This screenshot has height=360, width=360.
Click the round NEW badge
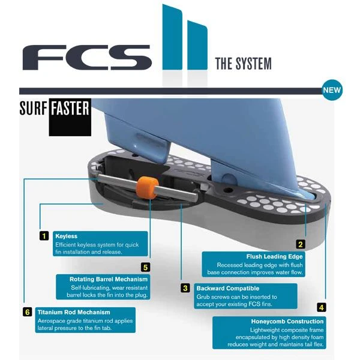[x=332, y=91]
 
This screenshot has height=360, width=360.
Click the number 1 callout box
[x=44, y=236]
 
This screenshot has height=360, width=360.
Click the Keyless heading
[x=66, y=236]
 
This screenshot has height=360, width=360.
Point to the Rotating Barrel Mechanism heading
[x=109, y=279]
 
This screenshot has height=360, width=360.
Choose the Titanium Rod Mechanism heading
[x=74, y=312]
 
